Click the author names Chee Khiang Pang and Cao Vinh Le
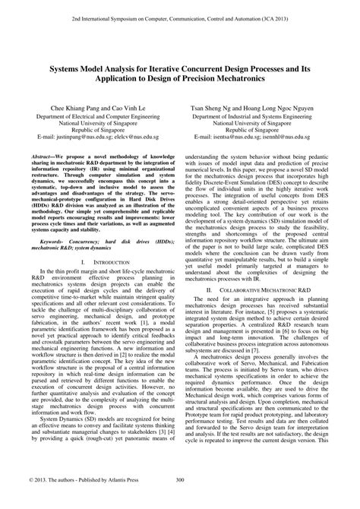94,109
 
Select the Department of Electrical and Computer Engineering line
94,117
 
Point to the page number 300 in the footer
180,501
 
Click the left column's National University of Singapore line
94,125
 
